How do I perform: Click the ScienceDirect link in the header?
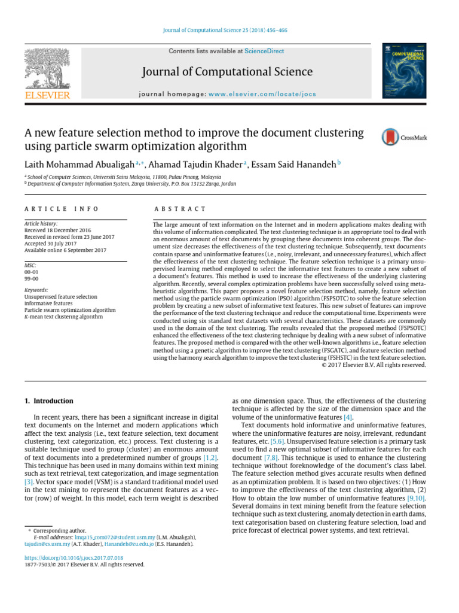click(x=264, y=51)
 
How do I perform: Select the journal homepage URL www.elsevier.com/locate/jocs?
click(x=267, y=95)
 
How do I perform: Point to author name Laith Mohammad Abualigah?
click(x=79, y=165)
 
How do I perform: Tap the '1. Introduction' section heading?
click(x=48, y=401)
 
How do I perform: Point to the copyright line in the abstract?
click(x=374, y=365)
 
